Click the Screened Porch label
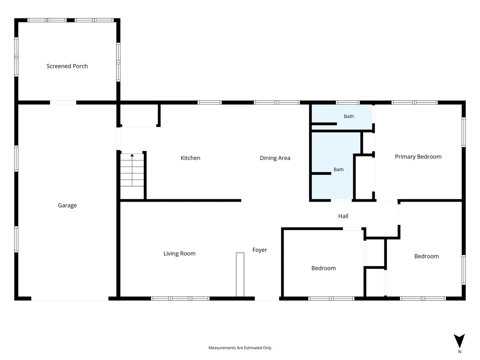67,66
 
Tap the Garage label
67,206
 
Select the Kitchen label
190,158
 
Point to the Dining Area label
275,158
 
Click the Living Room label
179,254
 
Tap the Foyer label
260,250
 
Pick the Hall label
343,216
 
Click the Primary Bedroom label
418,157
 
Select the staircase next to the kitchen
132,170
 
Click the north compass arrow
459,340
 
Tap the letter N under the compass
460,352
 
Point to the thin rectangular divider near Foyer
240,274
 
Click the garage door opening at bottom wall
70,298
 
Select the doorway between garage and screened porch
63,102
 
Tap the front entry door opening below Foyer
267,298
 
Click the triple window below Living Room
180,298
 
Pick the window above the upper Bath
348,102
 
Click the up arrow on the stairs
132,155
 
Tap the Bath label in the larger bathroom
338,169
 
